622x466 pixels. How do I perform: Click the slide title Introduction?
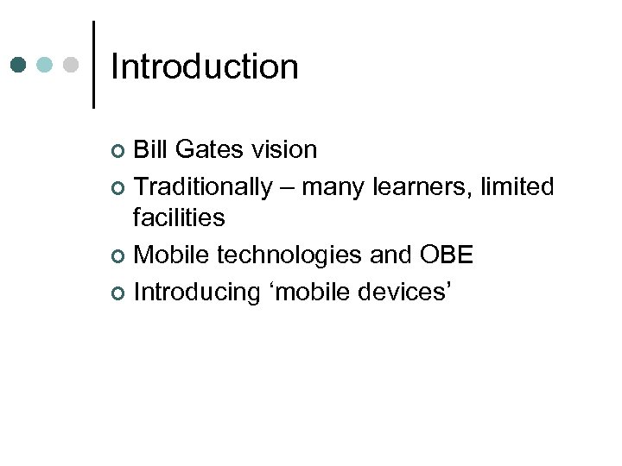205,67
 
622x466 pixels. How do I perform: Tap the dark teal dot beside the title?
19,66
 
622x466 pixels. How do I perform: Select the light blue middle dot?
46,66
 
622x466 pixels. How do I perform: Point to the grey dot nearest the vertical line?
72,66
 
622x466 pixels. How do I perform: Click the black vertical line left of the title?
92,65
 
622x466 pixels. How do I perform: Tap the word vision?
284,150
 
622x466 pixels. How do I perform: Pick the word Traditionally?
202,187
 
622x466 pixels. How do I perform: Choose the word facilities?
179,217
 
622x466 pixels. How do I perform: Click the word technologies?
290,255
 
